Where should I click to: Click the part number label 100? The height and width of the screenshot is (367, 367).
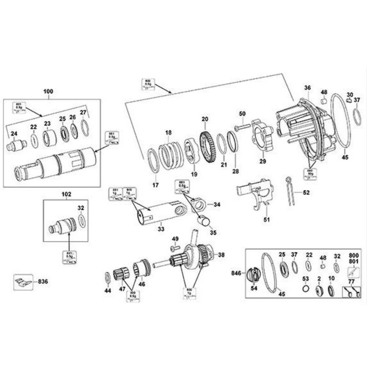coord(48,91)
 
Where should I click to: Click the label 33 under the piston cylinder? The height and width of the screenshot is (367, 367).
coord(161,229)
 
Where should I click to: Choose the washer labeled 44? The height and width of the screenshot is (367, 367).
coord(107,278)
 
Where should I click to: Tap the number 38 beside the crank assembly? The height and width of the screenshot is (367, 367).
coord(222,254)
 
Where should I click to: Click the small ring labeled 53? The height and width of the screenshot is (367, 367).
coord(305,289)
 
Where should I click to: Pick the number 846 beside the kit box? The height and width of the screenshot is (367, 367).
coord(236,273)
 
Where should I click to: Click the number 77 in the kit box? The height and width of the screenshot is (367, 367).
coord(351,281)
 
